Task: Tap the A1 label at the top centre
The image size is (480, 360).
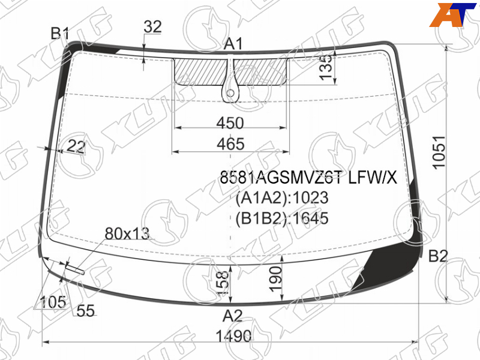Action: pyautogui.click(x=233, y=44)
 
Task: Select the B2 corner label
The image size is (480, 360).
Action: pyautogui.click(x=438, y=256)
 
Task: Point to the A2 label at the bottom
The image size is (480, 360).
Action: pyautogui.click(x=233, y=316)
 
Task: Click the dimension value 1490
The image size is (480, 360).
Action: pyautogui.click(x=233, y=336)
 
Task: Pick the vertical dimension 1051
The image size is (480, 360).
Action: pyautogui.click(x=439, y=152)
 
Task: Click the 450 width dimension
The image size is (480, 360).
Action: pyautogui.click(x=230, y=123)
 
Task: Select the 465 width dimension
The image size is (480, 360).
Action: pyautogui.click(x=230, y=144)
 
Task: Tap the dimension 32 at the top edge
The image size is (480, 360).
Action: pyautogui.click(x=152, y=26)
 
